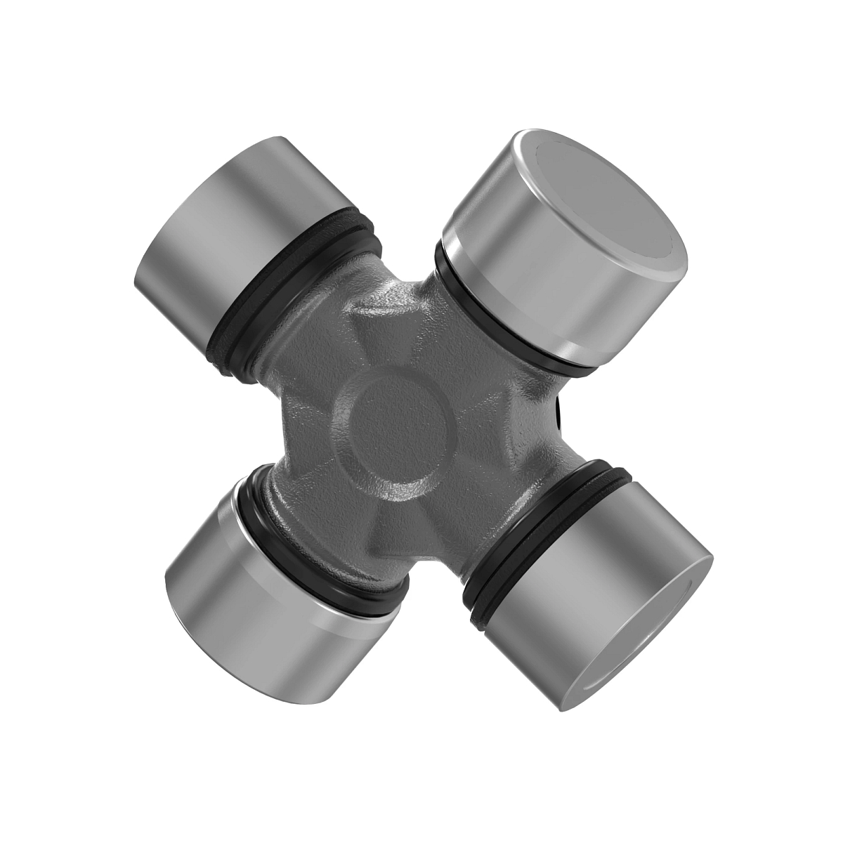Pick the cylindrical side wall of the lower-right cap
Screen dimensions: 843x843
[562, 611]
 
